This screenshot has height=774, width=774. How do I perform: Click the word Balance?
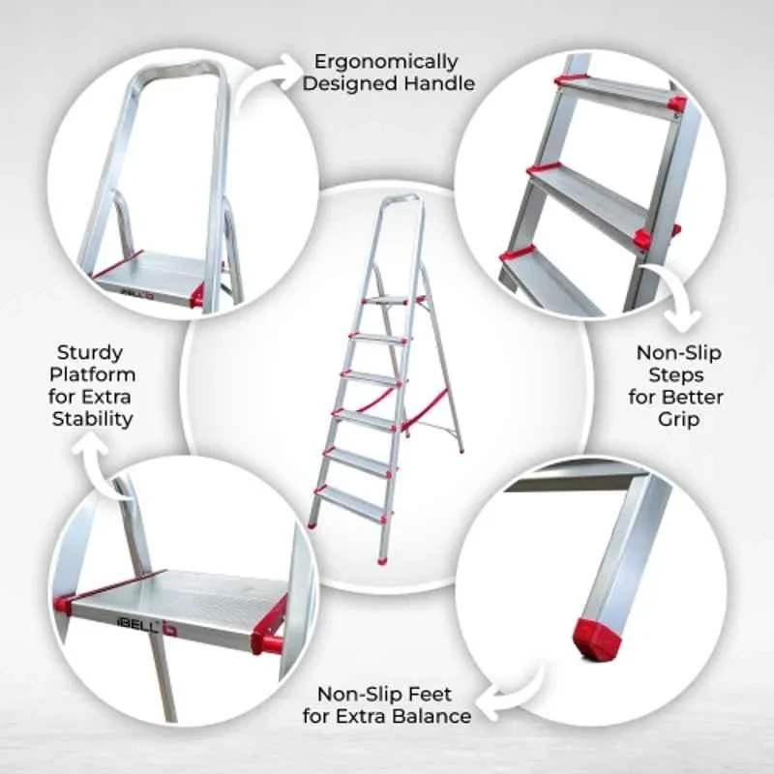[x=432, y=717]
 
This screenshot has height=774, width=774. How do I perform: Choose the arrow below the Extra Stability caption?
[x=104, y=461]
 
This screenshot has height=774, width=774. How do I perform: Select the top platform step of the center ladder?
[x=387, y=302]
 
